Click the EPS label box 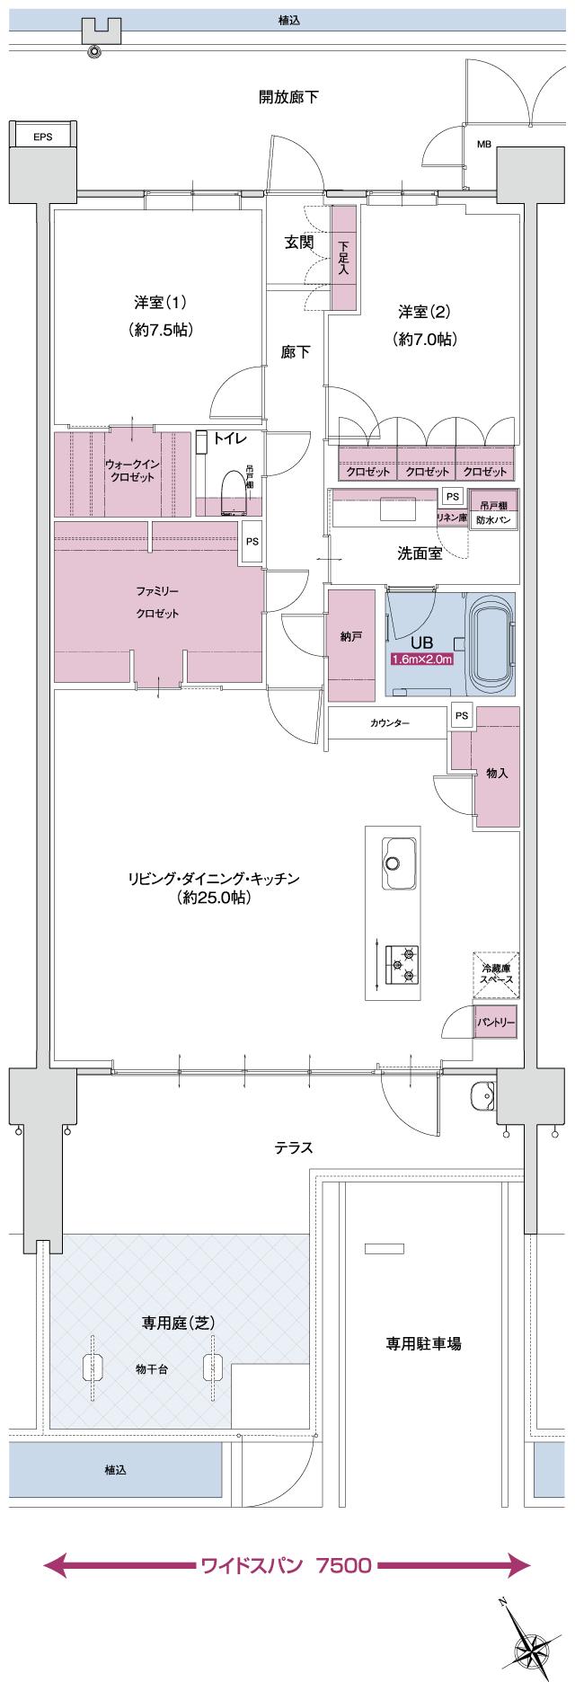[x=42, y=137]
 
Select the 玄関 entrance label [x=299, y=242]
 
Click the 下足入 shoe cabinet [x=344, y=259]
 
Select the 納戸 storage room [x=351, y=637]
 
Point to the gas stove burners [x=400, y=963]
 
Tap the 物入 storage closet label [x=497, y=773]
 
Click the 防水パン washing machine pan [x=495, y=518]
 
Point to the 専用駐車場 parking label [x=423, y=1344]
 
